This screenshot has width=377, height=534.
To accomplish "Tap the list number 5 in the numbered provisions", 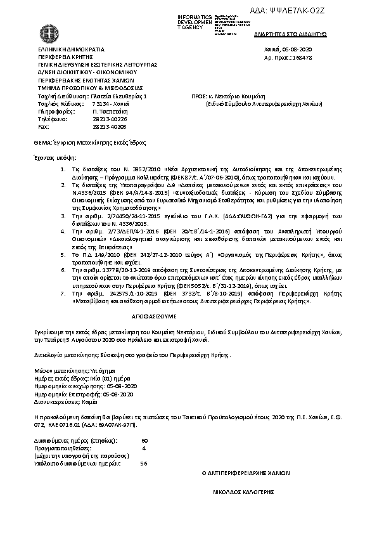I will click(x=62, y=253).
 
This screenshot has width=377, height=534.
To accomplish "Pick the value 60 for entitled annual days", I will click(x=144, y=440).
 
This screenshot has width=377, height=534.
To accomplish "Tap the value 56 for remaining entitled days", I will click(x=143, y=463).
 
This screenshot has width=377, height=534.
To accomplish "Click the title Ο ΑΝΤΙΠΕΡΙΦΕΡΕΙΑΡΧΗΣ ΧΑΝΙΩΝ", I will click(x=245, y=473).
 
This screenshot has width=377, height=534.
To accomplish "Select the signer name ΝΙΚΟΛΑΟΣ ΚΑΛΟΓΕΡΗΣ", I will click(x=245, y=492).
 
